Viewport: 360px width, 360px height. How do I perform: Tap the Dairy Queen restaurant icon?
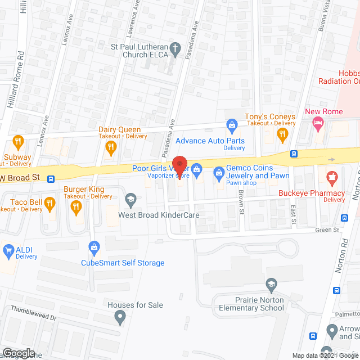[111, 147]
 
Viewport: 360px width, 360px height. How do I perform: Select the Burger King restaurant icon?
[76, 208]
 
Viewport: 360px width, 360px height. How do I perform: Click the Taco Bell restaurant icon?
[50, 202]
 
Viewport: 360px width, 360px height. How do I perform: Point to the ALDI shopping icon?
[8, 250]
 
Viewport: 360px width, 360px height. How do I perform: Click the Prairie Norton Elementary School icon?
[272, 283]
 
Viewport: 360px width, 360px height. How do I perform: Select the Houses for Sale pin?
[120, 319]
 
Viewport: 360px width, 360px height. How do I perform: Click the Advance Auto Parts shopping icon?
[231, 124]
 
